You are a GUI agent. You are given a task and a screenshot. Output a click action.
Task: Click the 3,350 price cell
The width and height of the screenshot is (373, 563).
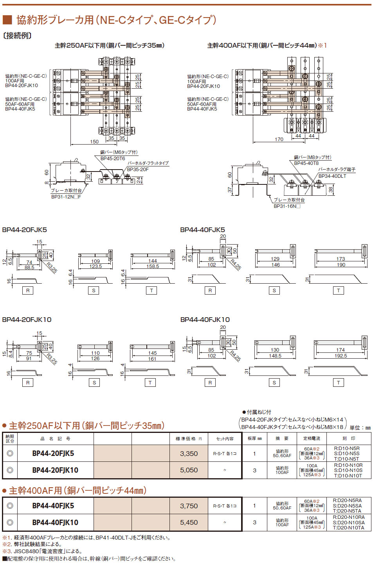point(189,454)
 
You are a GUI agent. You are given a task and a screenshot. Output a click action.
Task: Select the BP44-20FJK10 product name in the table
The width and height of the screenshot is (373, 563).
point(55,470)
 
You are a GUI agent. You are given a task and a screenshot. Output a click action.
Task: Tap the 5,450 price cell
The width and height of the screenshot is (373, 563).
point(189,522)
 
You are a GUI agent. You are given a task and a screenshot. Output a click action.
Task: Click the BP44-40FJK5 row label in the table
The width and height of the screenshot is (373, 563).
point(53,506)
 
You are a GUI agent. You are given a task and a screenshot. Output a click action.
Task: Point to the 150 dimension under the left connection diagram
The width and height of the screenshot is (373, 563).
point(94,142)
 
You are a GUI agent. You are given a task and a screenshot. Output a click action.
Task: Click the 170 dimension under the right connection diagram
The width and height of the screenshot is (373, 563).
point(279,139)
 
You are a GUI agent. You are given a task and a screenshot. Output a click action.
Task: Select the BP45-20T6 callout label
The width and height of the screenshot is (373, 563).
point(113,159)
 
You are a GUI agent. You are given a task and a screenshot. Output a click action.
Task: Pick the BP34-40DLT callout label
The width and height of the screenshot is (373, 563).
point(332,176)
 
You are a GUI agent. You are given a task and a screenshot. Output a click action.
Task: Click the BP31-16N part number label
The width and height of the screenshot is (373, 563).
point(287,206)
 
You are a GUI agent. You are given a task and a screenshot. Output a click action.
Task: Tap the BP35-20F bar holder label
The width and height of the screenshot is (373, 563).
point(138,170)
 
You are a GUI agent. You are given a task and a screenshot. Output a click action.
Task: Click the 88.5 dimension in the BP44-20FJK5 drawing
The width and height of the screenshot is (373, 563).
point(29,268)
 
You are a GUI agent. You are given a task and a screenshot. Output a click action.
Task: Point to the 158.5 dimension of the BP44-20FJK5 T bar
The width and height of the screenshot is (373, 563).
point(153,266)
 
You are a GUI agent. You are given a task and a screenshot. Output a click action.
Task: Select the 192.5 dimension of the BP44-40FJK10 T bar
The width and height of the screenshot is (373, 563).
point(341,356)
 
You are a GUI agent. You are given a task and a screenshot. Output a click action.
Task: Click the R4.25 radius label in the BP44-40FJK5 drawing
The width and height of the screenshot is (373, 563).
point(236,265)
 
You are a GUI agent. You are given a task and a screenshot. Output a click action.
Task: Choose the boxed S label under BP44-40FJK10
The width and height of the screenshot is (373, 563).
point(274,383)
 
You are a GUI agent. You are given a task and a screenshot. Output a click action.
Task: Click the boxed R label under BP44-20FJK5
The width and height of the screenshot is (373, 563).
point(28,291)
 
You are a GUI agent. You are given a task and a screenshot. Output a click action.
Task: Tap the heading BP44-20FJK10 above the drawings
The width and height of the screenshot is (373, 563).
point(27,320)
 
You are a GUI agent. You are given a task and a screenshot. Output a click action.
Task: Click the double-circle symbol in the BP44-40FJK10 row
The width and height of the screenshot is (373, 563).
point(10,522)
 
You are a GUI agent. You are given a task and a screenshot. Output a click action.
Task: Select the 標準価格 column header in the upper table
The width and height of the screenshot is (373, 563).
point(189,439)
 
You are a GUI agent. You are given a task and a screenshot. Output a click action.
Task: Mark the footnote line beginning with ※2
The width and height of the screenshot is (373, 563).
point(32,544)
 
